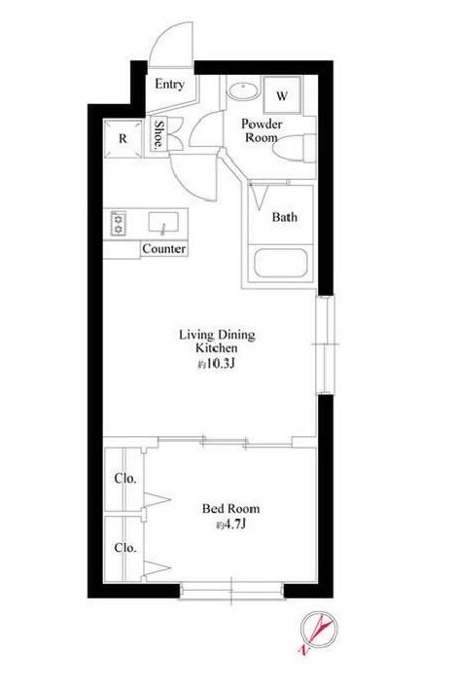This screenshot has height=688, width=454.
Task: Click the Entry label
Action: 169,85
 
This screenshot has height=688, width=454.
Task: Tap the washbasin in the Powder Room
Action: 244,91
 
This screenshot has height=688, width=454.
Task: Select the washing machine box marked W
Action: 282,95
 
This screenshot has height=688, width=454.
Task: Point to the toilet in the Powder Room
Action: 294,148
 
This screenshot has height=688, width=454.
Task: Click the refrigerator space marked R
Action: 123,138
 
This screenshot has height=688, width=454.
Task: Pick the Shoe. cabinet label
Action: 158,134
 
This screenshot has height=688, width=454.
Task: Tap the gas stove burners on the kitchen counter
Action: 119,224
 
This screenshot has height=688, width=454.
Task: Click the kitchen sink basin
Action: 164,222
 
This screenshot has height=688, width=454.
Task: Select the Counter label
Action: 164,249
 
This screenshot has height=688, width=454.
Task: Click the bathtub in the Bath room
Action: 281,264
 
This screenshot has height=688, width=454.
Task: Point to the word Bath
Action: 285,217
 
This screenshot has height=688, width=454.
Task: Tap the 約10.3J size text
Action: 217,364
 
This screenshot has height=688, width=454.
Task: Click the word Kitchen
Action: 217,348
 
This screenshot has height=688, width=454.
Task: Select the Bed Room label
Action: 230,509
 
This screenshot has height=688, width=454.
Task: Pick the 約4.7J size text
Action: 230,525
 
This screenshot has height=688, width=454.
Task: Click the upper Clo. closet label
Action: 125,478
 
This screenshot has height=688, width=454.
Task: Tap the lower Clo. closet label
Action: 125,548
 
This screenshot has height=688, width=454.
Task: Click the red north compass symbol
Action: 320,631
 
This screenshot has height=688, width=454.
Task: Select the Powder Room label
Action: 262,130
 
